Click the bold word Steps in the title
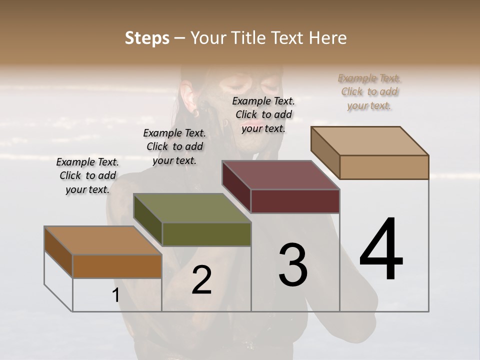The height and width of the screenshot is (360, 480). (147, 38)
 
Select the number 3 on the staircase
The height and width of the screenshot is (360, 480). (292, 265)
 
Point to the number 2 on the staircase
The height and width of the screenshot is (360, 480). (201, 280)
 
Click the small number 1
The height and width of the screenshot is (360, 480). (115, 295)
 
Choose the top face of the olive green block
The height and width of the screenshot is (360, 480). (192, 208)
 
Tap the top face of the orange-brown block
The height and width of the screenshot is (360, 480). (103, 240)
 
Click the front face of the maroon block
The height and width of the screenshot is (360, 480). (295, 201)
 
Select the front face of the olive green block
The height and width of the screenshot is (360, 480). (206, 234)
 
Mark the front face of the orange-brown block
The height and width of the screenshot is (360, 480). (117, 266)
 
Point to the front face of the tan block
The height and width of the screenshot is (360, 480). (384, 167)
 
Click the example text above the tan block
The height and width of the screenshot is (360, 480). (369, 91)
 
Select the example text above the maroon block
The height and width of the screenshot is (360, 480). (263, 114)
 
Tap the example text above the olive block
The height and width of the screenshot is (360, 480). (174, 146)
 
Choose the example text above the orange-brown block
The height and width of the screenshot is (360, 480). (87, 175)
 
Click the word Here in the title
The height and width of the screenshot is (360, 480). (328, 38)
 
